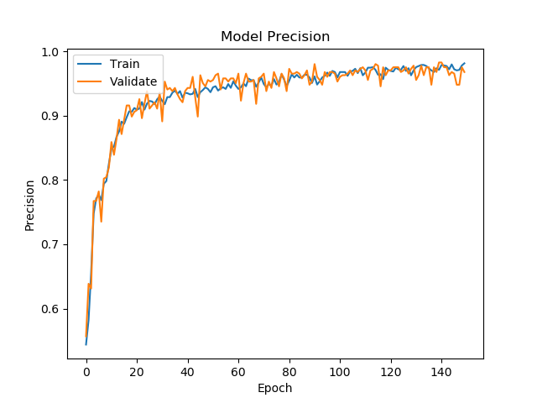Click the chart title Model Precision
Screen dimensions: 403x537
coord(275,37)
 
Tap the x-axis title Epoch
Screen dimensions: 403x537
coord(275,388)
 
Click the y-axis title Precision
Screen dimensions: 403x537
coord(30,205)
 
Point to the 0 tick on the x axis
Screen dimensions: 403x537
coord(86,370)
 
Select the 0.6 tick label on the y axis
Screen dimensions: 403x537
coord(51,309)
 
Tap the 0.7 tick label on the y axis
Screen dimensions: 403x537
coord(51,244)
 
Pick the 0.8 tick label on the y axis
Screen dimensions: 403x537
coord(51,181)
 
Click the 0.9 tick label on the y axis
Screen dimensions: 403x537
coord(51,116)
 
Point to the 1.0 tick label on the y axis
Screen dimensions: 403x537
coord(51,52)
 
